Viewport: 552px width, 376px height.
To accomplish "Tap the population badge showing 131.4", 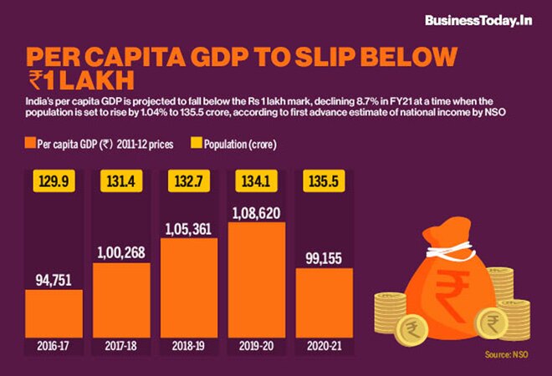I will pyautogui.click(x=120, y=181).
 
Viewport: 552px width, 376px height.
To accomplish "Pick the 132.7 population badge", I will pyautogui.click(x=188, y=181).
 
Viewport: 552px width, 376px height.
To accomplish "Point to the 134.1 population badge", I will pyautogui.click(x=256, y=181).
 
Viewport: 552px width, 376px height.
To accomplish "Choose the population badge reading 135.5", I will pyautogui.click(x=324, y=181).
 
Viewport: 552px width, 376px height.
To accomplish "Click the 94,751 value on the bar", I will pyautogui.click(x=53, y=278).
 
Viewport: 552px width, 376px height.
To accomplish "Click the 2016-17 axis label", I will pyautogui.click(x=53, y=345).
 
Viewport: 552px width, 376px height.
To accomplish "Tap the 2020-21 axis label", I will pyautogui.click(x=324, y=345).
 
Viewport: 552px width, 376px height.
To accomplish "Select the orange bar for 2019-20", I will pyautogui.click(x=256, y=284).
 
